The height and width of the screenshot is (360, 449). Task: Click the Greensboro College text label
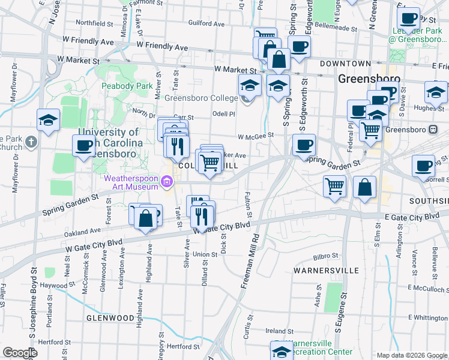coord(202,98)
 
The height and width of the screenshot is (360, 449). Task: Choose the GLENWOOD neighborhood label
coord(109,317)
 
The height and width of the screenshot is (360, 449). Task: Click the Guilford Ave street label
coord(206,24)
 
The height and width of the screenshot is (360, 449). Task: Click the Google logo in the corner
coord(20,353)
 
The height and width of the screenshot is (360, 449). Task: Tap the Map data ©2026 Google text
coord(412,355)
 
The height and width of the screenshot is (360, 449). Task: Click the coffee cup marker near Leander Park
coord(408,18)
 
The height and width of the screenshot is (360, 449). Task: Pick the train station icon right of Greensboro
coord(432,130)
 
